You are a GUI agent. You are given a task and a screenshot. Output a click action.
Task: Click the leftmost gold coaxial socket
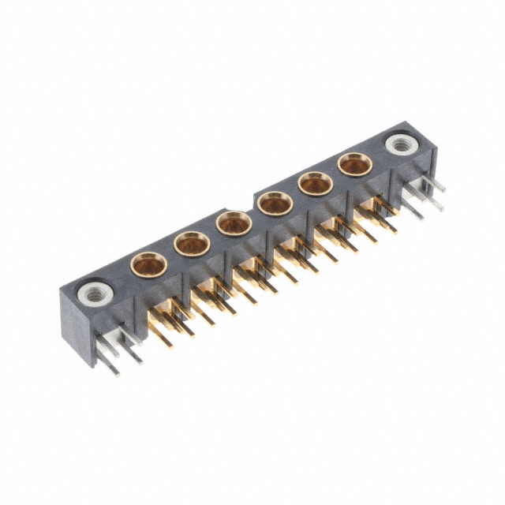(x=148, y=263)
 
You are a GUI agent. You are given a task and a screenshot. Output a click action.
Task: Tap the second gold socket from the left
(x=191, y=243)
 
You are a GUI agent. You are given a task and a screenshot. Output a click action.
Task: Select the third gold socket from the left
(x=234, y=223)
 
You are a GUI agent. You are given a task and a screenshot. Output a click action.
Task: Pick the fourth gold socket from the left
(x=275, y=203)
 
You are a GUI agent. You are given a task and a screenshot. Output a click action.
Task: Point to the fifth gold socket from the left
(x=316, y=184)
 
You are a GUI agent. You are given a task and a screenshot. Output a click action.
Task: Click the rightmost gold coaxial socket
(x=354, y=164)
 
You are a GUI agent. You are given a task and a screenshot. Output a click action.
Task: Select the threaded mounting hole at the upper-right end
(x=398, y=144)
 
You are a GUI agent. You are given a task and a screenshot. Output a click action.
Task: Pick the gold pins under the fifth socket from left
(x=336, y=235)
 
